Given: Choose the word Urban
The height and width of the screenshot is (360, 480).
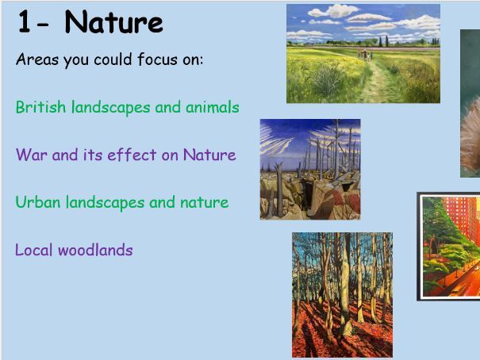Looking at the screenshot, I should coord(36,202).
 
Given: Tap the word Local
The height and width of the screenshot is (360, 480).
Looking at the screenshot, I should coord(35,250).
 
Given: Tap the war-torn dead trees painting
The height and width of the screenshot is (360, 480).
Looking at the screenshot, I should coord(310,169).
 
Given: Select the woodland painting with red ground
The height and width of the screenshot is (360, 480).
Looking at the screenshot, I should coord(342,294).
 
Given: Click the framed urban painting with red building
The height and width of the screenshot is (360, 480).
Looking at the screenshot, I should coord(450,247).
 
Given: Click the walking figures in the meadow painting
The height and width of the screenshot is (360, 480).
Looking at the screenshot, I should coord(366,54).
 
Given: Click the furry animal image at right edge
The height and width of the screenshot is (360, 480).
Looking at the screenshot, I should coord(470,103).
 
